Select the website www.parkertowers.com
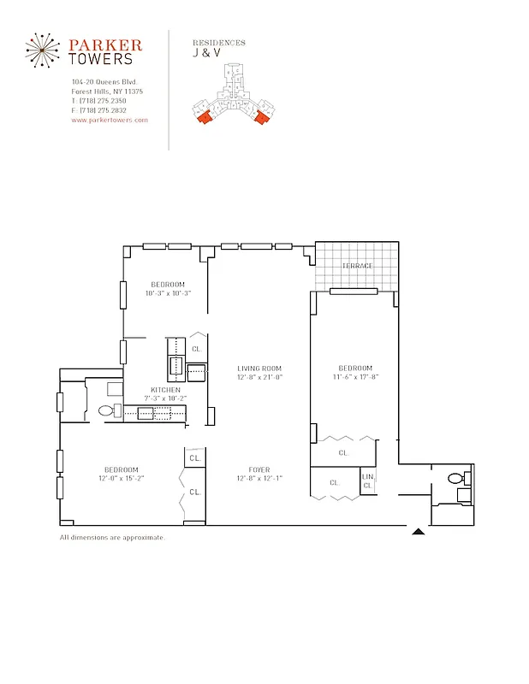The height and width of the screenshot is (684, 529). pos(110,121)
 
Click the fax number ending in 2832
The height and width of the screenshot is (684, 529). pos(111,110)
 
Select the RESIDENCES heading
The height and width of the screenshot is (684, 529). pos(219,42)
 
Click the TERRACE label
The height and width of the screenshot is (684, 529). pos(357,266)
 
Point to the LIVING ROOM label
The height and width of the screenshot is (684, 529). pos(259,369)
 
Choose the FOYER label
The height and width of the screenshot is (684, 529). pos(259,469)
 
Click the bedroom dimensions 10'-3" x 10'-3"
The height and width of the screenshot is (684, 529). pos(168,293)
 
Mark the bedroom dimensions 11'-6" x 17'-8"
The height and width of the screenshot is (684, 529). pos(354,376)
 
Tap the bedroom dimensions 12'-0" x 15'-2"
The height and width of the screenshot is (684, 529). pos(122,478)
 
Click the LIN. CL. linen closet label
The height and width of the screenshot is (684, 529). pos(368,481)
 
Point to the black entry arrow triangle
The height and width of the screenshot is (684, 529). pos(418,532)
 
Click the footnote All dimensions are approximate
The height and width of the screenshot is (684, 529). pos(112,538)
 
